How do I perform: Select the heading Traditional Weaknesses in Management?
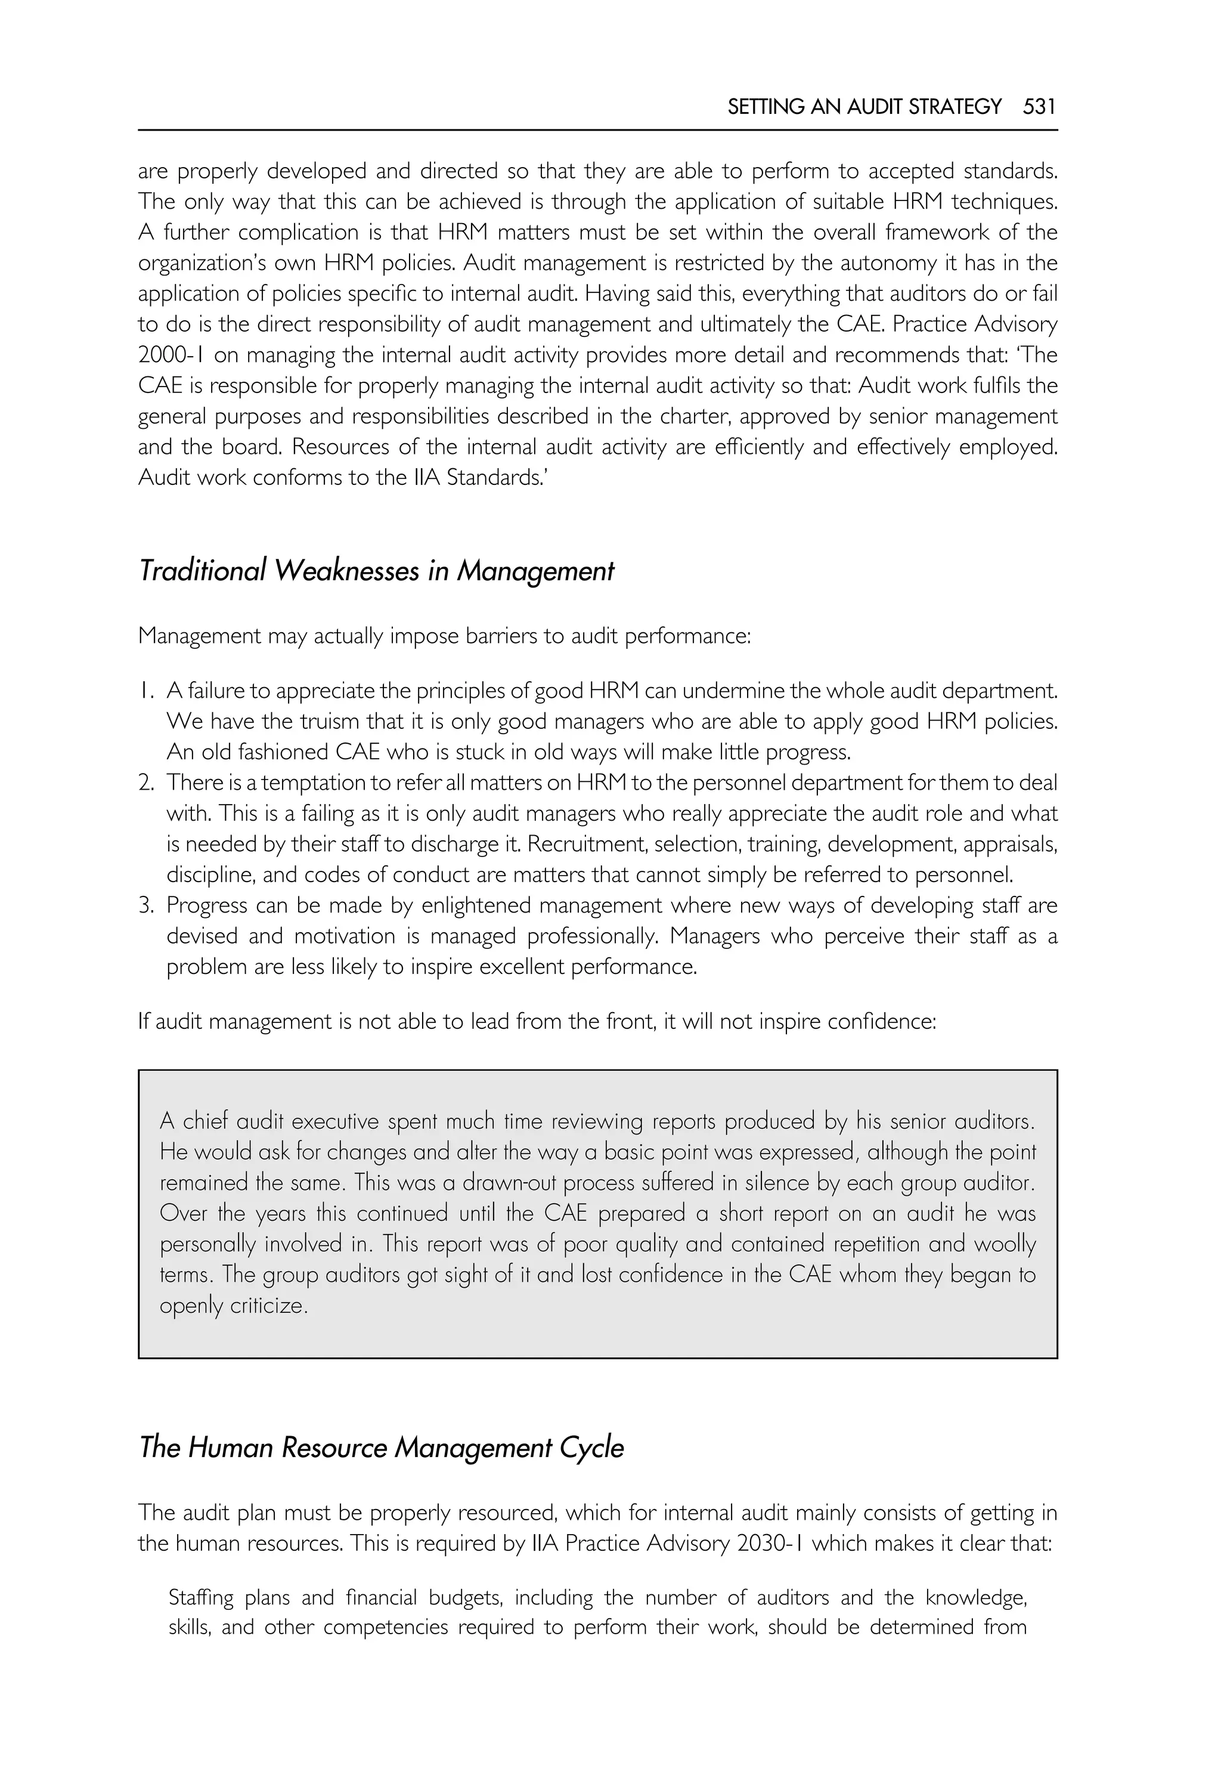pos(376,571)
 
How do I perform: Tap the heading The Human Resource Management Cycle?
pos(381,1448)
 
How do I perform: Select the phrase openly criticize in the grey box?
pos(233,1305)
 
